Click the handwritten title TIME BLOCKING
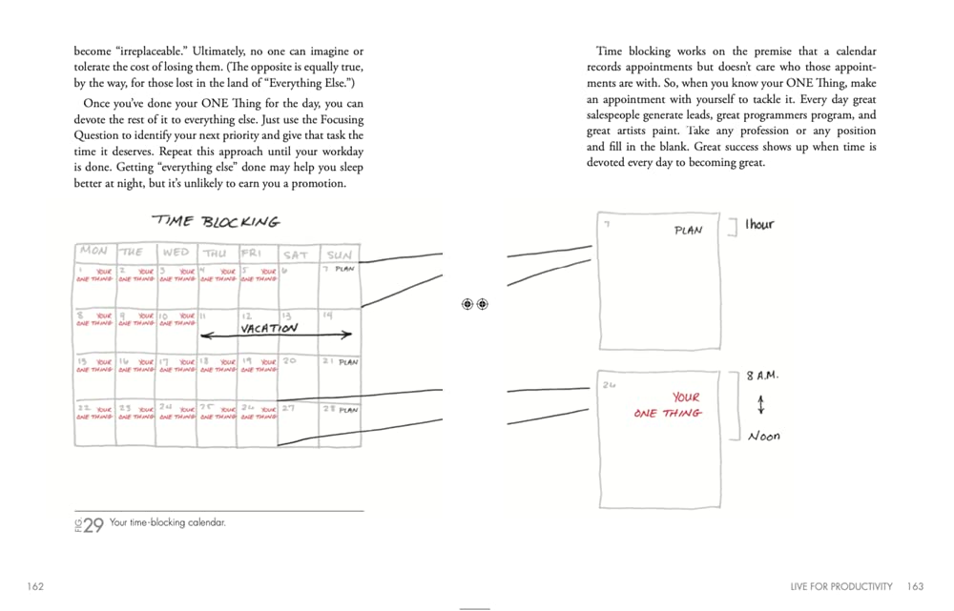(x=217, y=221)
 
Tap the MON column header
(x=93, y=252)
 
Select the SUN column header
(x=339, y=255)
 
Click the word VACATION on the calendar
(x=269, y=328)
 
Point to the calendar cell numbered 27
(x=298, y=425)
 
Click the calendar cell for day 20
(x=298, y=377)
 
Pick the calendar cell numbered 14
(x=340, y=330)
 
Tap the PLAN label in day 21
(x=347, y=362)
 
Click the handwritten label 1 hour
(x=759, y=225)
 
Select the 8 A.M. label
(x=762, y=376)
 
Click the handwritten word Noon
(x=763, y=436)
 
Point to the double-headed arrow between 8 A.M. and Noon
(x=760, y=405)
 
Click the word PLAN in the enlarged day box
(x=688, y=231)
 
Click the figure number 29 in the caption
(x=93, y=525)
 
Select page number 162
(x=35, y=586)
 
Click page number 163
(x=915, y=586)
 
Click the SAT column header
(x=296, y=255)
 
